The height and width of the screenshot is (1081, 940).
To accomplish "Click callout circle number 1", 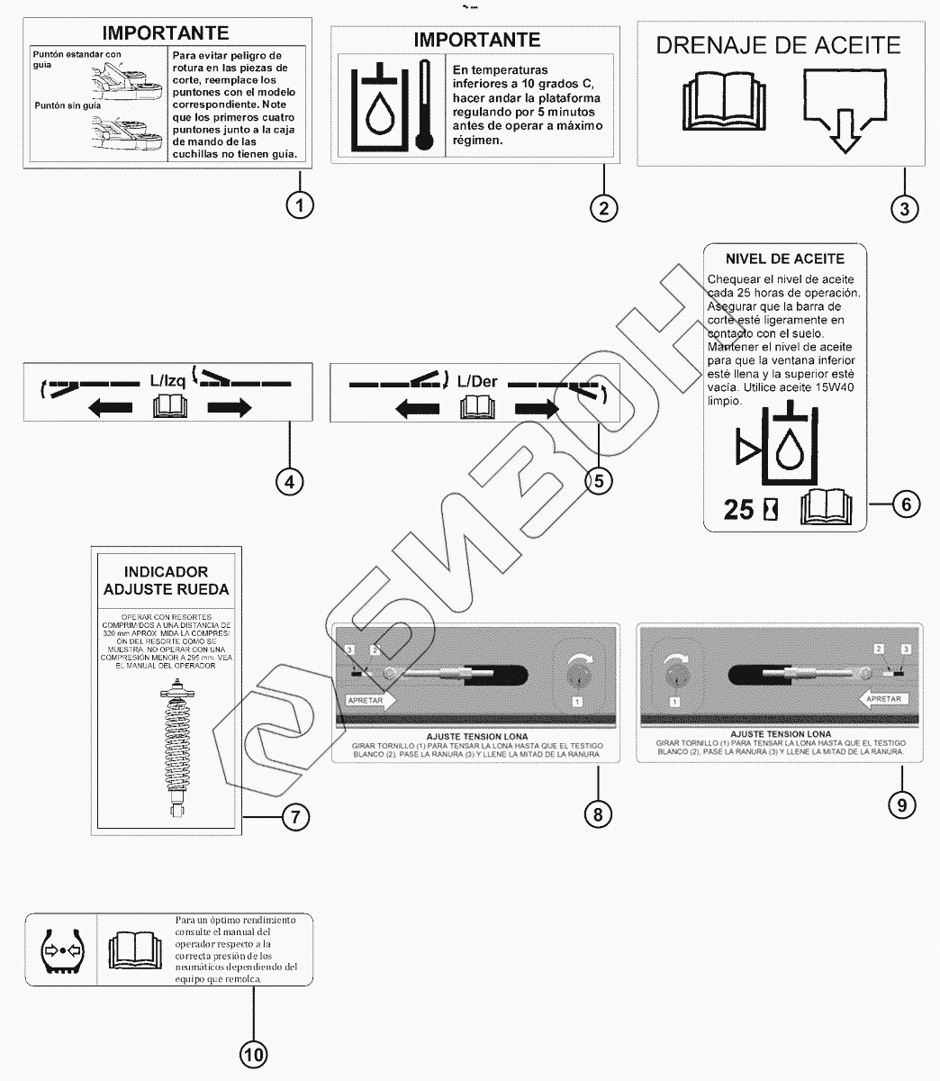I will tap(300, 204).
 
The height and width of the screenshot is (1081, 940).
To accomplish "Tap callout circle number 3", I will tap(904, 208).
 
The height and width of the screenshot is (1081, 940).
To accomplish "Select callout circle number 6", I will tap(906, 504).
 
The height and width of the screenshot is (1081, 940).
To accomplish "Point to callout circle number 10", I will tap(253, 1053).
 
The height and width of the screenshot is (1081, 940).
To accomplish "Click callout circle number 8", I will tap(597, 813).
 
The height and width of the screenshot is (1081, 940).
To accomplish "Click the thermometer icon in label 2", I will tap(425, 105).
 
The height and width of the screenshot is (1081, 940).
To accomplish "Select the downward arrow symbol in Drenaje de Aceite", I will tap(844, 112).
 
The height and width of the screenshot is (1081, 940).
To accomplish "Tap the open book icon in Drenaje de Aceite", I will tap(722, 97).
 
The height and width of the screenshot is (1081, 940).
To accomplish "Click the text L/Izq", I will tap(167, 381).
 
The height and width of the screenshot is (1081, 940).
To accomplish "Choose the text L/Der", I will tap(477, 381).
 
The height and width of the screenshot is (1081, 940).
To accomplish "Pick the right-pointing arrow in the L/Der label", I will tap(538, 409).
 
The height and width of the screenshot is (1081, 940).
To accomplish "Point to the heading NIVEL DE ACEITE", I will tap(784, 259).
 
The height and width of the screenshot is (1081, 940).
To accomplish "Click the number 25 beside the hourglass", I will tap(739, 510).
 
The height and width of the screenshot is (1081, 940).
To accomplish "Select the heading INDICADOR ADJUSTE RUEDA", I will tap(166, 581).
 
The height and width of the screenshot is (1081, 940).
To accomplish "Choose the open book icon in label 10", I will tap(134, 950).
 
